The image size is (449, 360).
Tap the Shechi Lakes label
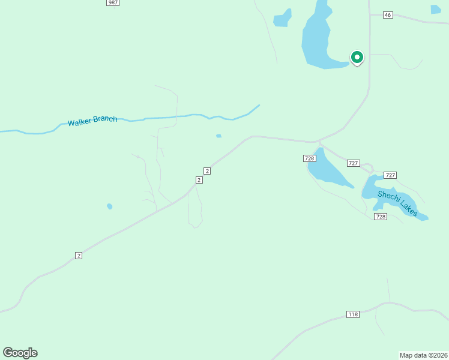[397, 202]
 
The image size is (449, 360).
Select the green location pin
[357, 58]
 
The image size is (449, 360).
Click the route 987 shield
[113, 3]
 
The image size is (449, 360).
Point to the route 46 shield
[387, 15]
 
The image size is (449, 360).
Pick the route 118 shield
[353, 314]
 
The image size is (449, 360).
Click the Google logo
[20, 353]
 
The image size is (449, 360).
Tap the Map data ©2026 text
[423, 355]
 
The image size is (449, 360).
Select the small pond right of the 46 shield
[435, 9]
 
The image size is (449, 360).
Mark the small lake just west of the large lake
[282, 19]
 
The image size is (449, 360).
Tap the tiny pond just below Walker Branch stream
[219, 136]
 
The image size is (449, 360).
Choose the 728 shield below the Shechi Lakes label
[380, 216]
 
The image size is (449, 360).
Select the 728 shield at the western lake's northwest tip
[309, 158]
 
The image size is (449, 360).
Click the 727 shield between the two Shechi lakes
[353, 163]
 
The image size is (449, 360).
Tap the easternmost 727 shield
[390, 175]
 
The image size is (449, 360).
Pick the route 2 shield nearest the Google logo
[79, 256]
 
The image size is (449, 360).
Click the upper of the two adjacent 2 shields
[207, 171]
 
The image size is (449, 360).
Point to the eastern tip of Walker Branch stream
[259, 106]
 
